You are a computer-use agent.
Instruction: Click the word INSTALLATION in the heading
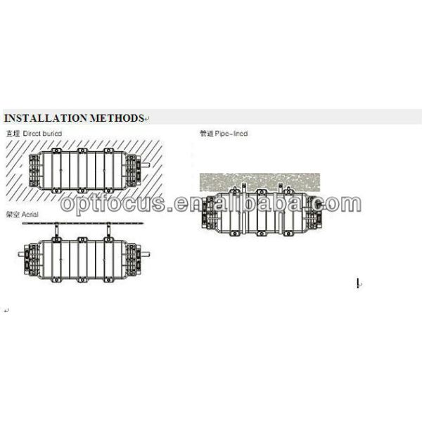(46, 118)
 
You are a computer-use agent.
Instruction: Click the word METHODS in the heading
(117, 118)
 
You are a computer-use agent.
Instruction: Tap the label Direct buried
(42, 134)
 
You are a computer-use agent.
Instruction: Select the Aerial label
(30, 215)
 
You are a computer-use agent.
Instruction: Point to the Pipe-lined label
(231, 134)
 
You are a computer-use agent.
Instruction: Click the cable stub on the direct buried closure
(145, 165)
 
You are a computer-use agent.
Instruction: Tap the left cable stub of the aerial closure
(21, 254)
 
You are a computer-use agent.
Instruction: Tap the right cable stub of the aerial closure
(146, 254)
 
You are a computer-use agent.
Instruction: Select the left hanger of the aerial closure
(56, 231)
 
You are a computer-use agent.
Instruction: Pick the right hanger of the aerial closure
(108, 231)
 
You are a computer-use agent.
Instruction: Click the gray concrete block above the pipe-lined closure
(260, 182)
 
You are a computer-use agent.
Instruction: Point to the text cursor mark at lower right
(358, 283)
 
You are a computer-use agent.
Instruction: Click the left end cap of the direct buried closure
(35, 172)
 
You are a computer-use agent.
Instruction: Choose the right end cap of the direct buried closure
(133, 170)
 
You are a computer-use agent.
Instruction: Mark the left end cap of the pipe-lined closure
(209, 212)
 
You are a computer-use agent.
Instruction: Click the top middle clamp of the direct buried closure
(82, 151)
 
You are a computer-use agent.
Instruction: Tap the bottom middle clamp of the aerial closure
(82, 280)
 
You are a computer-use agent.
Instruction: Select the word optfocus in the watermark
(113, 203)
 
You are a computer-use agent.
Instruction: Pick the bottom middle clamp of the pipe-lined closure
(261, 234)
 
